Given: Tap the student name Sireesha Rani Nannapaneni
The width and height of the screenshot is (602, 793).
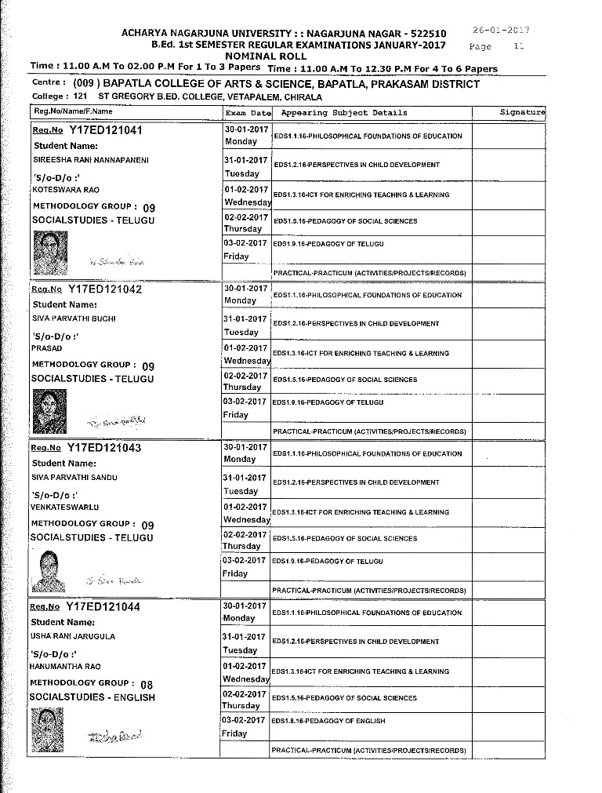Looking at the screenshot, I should pyautogui.click(x=89, y=160).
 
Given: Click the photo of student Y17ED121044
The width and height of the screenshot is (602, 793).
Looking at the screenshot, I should pyautogui.click(x=47, y=727).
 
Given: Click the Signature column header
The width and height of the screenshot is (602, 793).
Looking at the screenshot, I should pyautogui.click(x=522, y=113).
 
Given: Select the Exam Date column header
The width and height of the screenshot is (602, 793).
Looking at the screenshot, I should pyautogui.click(x=248, y=113).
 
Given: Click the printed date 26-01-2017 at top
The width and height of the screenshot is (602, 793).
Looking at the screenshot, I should pyautogui.click(x=502, y=31).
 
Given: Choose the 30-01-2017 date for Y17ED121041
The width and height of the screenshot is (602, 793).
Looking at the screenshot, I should pyautogui.click(x=246, y=128).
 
